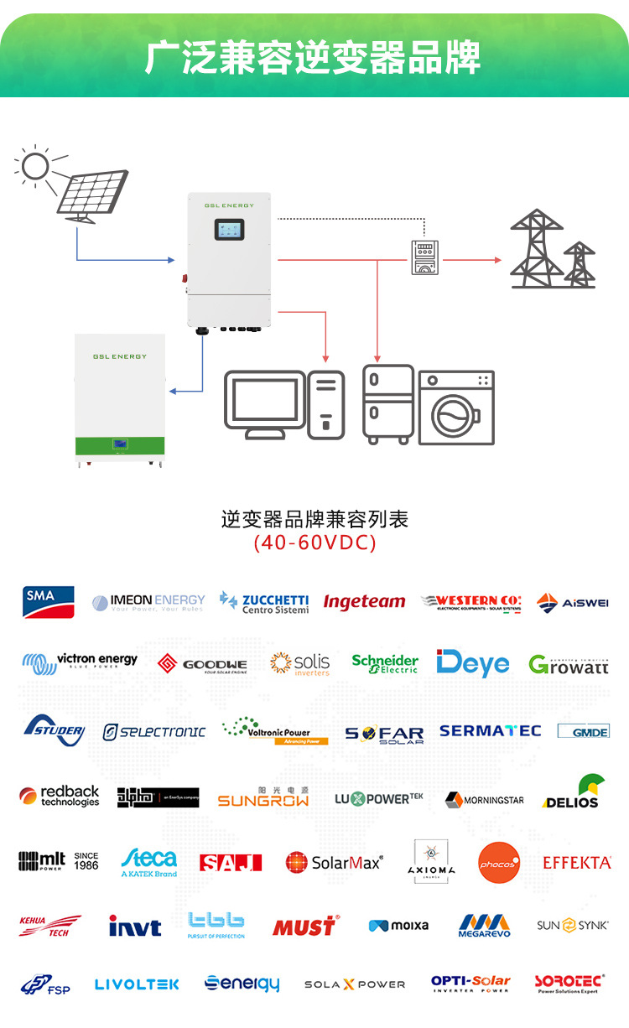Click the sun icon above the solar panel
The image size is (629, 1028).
point(36,166)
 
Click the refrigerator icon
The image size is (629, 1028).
point(388,403)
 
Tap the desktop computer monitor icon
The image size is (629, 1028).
point(264,403)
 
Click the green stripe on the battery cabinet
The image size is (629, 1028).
point(120,443)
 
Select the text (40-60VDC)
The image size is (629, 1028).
point(314,543)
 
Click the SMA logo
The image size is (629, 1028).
point(49,601)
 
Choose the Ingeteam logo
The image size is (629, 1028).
point(364,602)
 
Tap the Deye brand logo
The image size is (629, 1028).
point(473,663)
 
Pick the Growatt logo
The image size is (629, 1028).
point(569,666)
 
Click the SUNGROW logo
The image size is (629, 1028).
point(263,797)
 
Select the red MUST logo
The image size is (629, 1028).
point(305,926)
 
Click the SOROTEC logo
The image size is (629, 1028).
point(569,984)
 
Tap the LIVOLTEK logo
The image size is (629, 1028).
point(137,984)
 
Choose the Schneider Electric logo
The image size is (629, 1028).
point(385,663)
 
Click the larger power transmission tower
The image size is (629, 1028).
point(536,249)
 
